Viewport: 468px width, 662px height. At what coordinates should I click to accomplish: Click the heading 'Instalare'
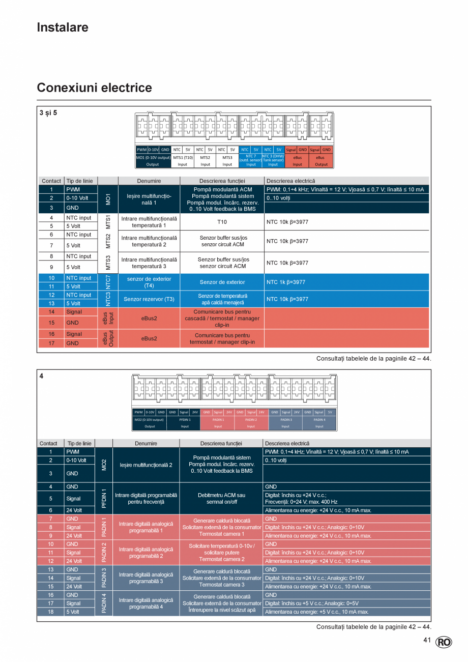point(63,27)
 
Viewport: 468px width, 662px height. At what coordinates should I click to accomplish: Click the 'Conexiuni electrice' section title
point(94,88)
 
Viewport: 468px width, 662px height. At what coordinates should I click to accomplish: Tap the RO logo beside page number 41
point(444,642)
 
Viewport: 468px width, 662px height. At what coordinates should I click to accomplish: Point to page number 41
point(427,640)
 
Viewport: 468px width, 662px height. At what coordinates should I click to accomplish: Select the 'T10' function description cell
point(222,222)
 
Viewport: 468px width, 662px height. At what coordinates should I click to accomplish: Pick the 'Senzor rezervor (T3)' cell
point(149,299)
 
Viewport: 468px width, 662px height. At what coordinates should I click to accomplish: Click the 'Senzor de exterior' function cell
point(222,282)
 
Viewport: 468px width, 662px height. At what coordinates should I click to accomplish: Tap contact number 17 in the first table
point(51,343)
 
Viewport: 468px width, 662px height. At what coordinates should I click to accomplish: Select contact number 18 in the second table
point(50,612)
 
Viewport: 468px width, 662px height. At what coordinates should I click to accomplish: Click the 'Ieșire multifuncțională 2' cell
point(146,465)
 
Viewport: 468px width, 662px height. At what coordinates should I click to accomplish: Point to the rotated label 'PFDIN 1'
point(104,499)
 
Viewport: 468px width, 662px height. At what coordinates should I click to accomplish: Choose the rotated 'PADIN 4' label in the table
point(104,603)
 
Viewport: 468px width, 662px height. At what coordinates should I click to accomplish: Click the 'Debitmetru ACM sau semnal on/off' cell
point(222,498)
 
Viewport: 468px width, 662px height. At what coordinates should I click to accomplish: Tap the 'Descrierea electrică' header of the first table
point(290,181)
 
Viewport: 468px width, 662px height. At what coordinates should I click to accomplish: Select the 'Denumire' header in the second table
point(146,443)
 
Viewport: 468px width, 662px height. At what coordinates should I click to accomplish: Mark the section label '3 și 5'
point(48,113)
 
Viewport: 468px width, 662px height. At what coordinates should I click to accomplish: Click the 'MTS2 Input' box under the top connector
point(205,161)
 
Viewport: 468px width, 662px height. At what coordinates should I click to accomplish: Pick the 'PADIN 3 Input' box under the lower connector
point(285,423)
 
